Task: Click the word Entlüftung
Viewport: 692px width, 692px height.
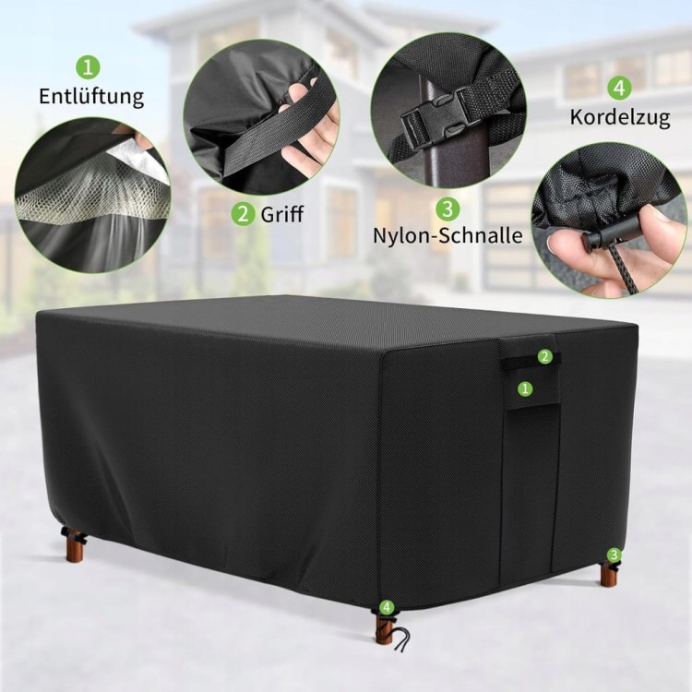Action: pos(91,97)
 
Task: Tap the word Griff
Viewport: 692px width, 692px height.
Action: pos(282,214)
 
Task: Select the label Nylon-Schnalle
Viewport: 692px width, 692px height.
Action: pos(447,235)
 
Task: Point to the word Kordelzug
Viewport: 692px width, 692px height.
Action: pos(620,117)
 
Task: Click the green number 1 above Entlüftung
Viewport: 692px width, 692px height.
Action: pos(89,67)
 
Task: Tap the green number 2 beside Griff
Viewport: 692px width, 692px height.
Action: pos(244,214)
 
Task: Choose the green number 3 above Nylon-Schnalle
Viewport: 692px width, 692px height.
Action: pos(447,209)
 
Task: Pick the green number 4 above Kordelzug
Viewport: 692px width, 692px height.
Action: pos(620,89)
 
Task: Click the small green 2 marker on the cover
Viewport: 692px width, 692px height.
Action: pos(545,356)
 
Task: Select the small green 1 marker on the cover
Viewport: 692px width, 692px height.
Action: pos(525,388)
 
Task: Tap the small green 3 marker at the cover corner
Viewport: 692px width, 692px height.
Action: pos(614,555)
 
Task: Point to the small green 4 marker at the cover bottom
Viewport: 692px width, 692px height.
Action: pos(387,607)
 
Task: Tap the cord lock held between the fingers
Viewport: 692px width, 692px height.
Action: pos(605,238)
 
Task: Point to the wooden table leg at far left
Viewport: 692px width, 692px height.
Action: pos(72,545)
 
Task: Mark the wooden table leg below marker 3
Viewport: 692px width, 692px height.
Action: pos(608,574)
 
